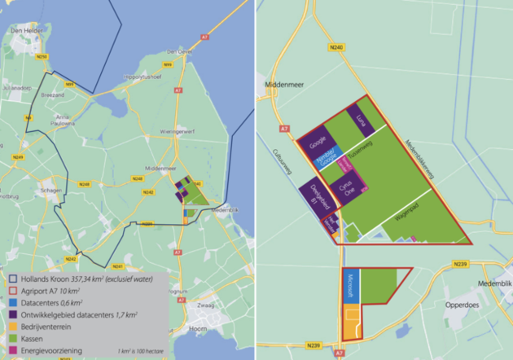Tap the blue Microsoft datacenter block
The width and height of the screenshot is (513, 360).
tap(351, 291)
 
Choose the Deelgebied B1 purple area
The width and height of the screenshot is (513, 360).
tap(320, 196)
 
